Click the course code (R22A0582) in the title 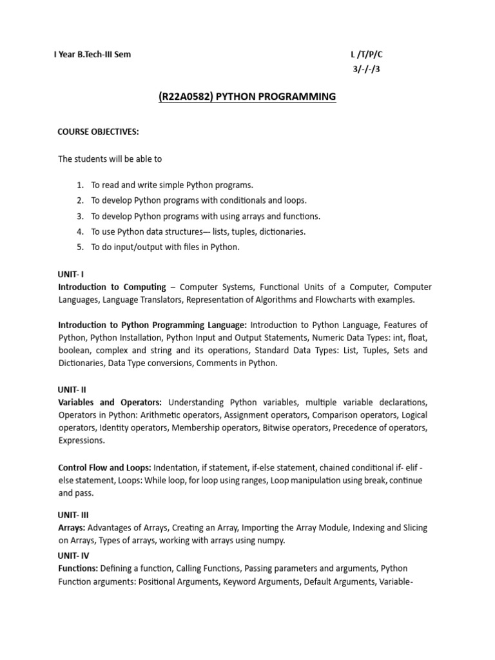(185, 97)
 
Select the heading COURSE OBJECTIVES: (99, 132)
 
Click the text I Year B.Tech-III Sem (92, 55)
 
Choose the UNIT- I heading (71, 275)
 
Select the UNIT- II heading (72, 389)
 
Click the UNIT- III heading (73, 516)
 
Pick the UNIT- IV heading (73, 556)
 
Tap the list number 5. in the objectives (81, 247)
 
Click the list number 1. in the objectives (81, 185)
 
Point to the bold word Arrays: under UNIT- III (72, 528)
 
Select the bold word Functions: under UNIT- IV (78, 568)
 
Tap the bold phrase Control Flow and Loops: (104, 467)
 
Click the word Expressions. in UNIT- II (81, 440)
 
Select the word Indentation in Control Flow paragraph (177, 467)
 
